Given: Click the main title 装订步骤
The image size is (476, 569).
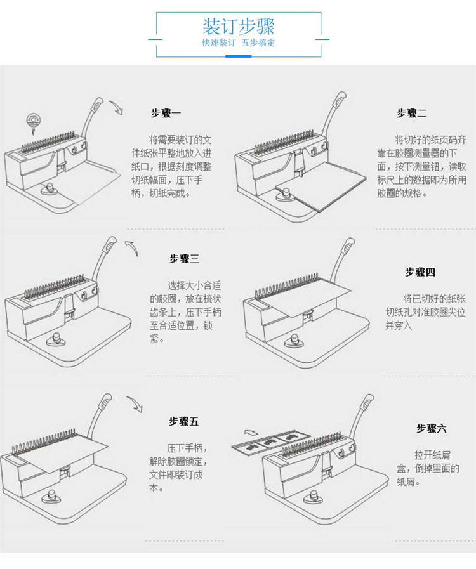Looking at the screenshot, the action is pos(238,26).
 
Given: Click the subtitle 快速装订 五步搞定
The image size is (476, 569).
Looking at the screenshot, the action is pos(238,43).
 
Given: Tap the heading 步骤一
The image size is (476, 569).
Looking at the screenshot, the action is pos(166,113).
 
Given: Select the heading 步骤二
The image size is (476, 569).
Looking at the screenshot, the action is pos(411,113).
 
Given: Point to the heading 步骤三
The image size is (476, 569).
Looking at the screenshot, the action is pos(184,258).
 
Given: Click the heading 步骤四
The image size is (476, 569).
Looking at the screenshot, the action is pos(420,271).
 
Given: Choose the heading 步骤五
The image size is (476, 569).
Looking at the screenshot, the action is pos(183,421).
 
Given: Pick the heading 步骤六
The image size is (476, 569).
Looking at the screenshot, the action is pos(432,428).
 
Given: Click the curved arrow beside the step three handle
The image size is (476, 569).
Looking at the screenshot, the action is pos(132,247).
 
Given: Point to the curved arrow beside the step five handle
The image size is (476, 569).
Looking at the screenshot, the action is pos(135,403).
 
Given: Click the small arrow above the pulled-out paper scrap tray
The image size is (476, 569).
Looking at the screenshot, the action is pos(251,432).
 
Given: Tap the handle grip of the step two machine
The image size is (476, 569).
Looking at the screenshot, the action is pos(340,99).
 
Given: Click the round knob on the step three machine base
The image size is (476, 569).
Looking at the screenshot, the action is pos(56,339).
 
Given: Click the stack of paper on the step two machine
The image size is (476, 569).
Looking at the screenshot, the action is pos(321,186).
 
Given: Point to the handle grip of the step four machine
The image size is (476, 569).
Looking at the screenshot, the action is pos(348,245).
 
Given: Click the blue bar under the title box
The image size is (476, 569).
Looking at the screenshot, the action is pos(238,56).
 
